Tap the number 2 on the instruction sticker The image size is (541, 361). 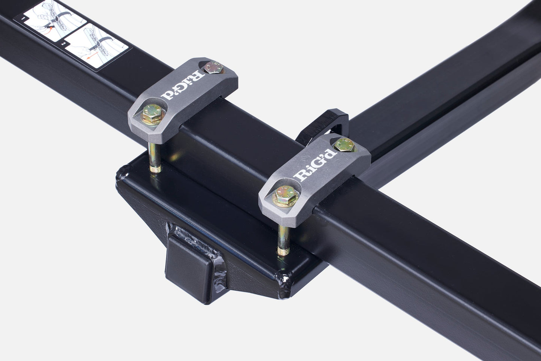tap(63, 44)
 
